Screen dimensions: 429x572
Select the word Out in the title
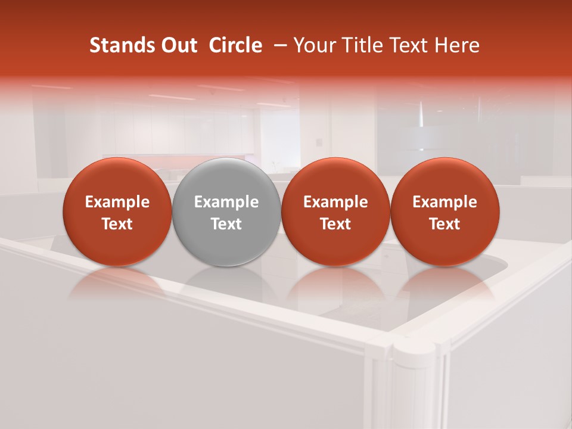coord(175,45)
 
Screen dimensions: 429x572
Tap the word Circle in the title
coord(235,45)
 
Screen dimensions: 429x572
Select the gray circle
coord(226,212)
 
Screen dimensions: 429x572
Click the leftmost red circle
coord(117,212)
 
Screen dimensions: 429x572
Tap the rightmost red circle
coord(445,212)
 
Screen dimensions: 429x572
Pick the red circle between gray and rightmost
coord(335,212)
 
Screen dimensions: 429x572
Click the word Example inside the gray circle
coord(226,202)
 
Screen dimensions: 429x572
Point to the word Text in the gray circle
coord(226,224)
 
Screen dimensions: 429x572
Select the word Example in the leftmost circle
coord(117,202)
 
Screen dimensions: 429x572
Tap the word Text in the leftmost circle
coord(117,224)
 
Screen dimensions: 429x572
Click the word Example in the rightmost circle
coord(445,202)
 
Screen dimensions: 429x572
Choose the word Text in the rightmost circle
coord(445,224)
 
